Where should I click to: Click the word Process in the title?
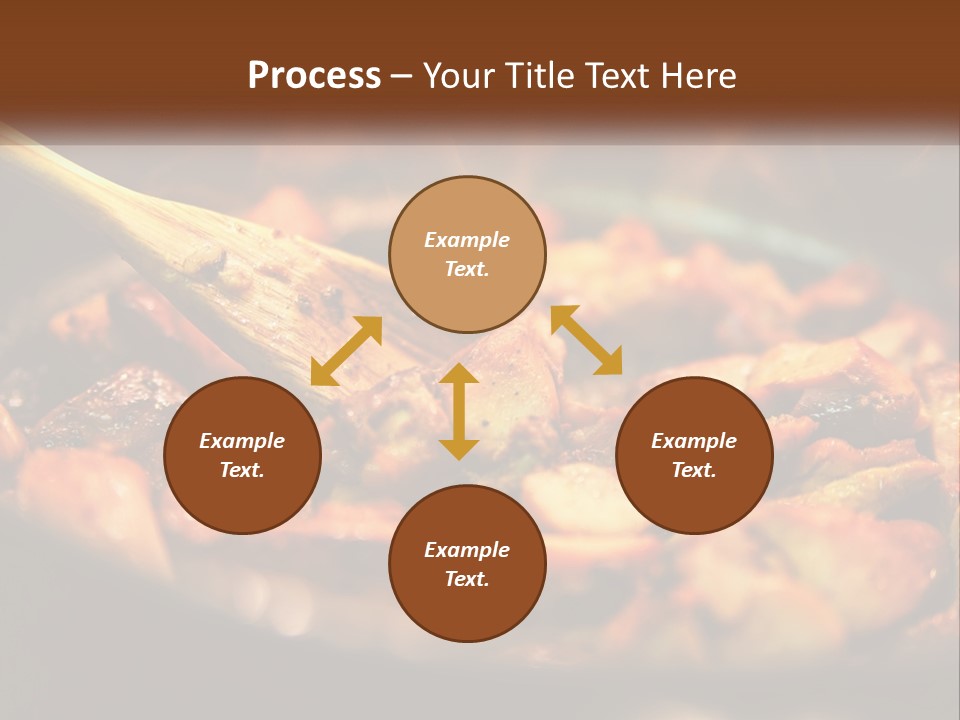pos(314,76)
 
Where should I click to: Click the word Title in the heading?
pos(545,76)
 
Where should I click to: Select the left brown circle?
pos(242,485)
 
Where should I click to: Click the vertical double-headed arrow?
pos(459,411)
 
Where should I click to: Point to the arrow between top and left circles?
pos(346,351)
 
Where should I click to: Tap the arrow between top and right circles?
pos(586,340)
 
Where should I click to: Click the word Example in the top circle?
pos(467,240)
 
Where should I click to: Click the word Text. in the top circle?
pos(467,269)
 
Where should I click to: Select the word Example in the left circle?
pos(242,441)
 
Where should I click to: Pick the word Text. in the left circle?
pos(242,470)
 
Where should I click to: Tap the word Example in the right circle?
pos(694,441)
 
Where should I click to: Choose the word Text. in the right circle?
pos(694,470)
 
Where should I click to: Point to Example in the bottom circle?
pos(467,550)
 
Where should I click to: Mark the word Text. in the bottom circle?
pos(467,579)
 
